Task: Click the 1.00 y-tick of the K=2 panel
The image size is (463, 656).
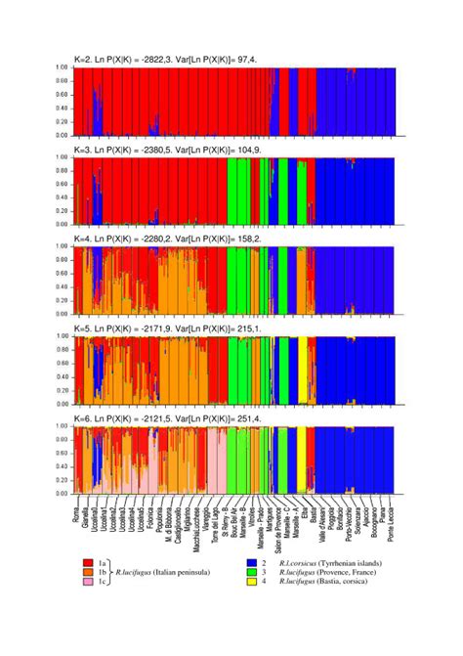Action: coord(61,67)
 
